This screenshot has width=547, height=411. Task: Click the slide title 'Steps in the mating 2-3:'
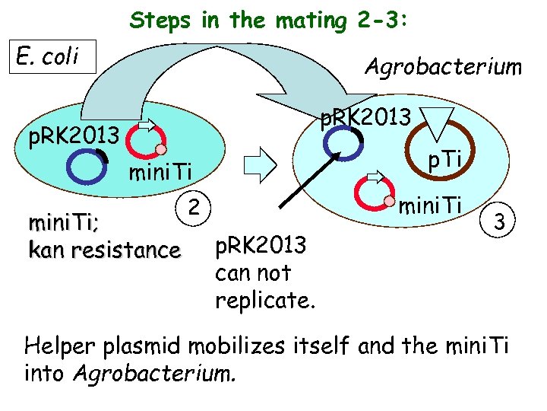click(x=269, y=21)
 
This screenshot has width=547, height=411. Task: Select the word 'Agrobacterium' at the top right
click(x=443, y=68)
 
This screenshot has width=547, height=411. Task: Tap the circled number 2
click(x=194, y=205)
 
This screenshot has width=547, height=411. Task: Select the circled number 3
click(x=499, y=221)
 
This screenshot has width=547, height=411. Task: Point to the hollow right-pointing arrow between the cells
click(x=261, y=163)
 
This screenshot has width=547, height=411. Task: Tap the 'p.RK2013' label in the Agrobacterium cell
click(x=365, y=116)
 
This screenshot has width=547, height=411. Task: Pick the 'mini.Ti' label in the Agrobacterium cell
click(x=431, y=205)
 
